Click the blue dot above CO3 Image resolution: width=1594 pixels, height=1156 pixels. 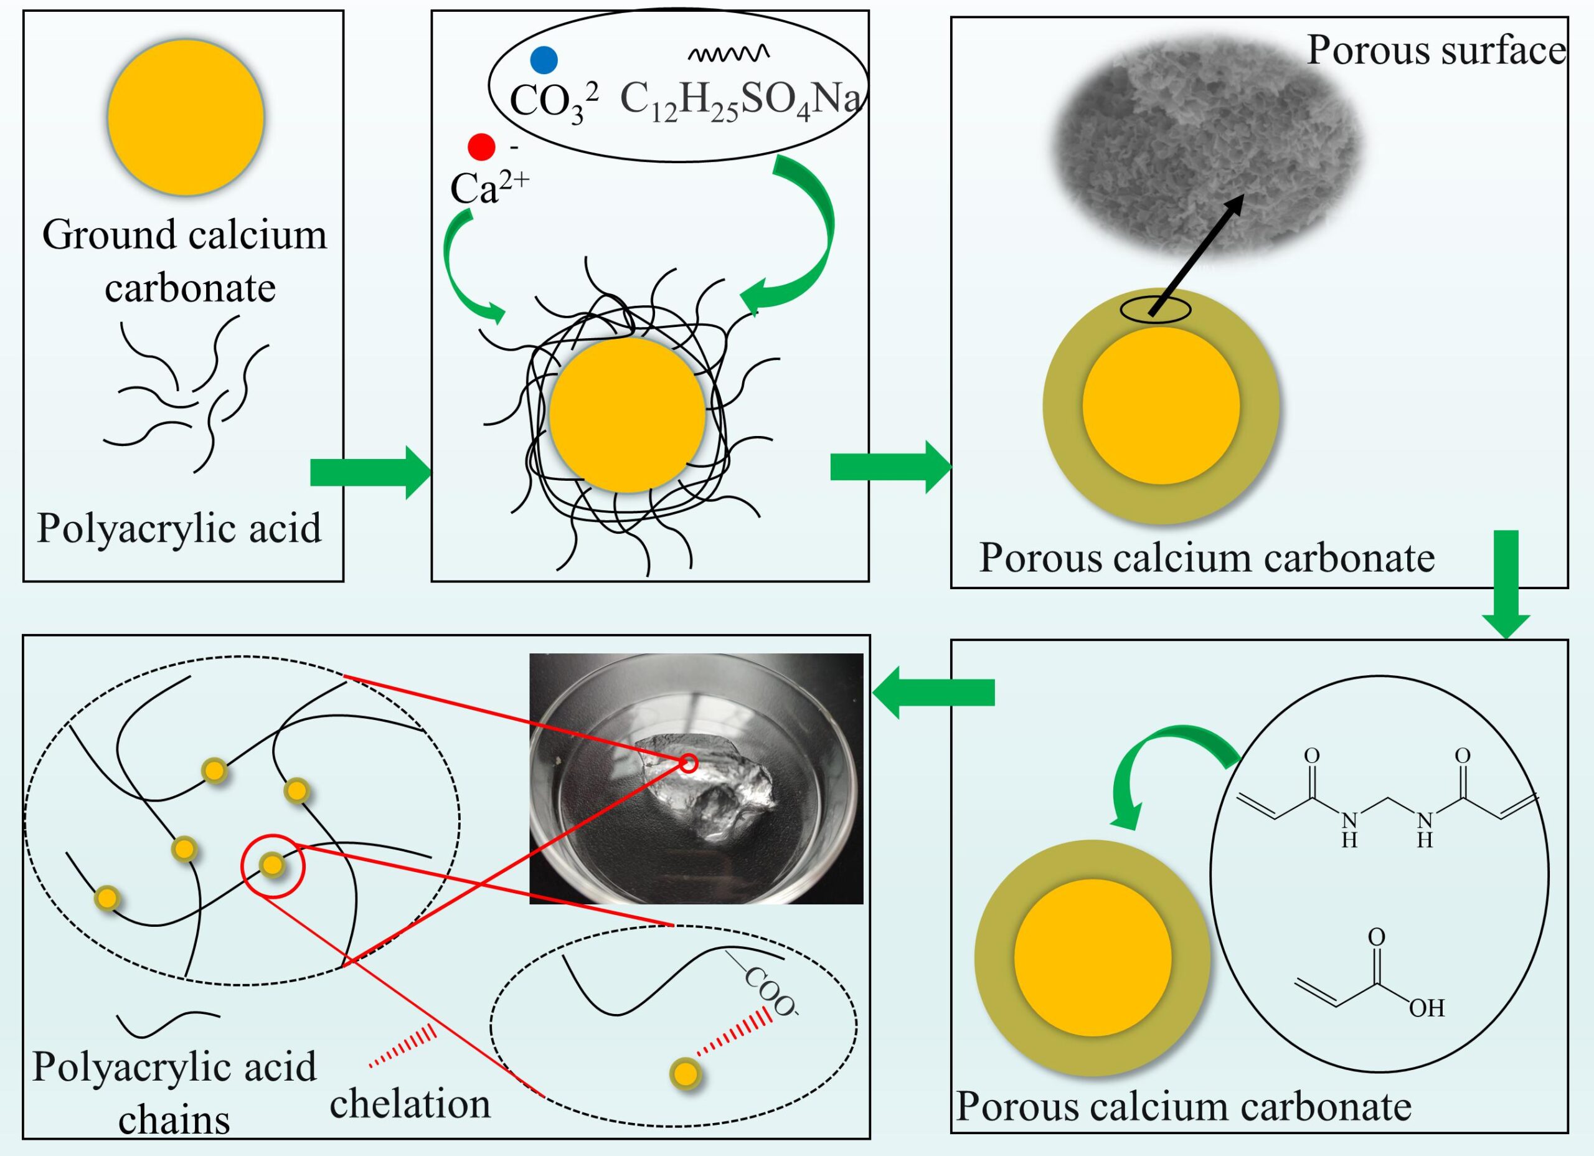[x=544, y=60]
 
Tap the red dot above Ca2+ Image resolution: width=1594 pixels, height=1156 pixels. [x=482, y=147]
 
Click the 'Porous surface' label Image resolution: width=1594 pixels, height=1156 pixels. [x=1436, y=50]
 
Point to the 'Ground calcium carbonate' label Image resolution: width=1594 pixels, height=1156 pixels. [x=186, y=261]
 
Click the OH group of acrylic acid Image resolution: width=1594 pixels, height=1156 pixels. [x=1427, y=1008]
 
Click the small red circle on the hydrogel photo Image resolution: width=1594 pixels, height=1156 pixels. [x=689, y=763]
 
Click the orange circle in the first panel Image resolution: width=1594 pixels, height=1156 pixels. [x=186, y=116]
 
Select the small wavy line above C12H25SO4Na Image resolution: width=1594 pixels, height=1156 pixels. [x=727, y=54]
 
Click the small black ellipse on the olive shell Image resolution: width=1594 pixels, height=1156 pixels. [x=1156, y=310]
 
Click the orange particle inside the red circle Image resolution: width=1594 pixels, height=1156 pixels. [x=272, y=864]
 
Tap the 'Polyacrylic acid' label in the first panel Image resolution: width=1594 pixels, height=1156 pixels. [x=179, y=528]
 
